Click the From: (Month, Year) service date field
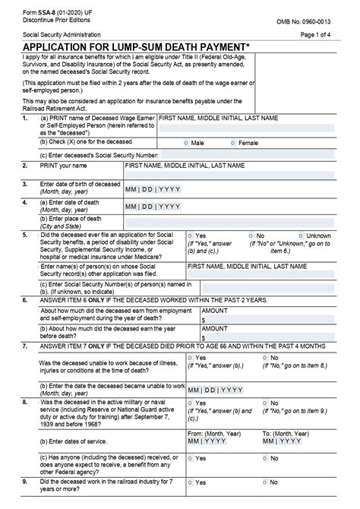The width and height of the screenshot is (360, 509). (x=213, y=440)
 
